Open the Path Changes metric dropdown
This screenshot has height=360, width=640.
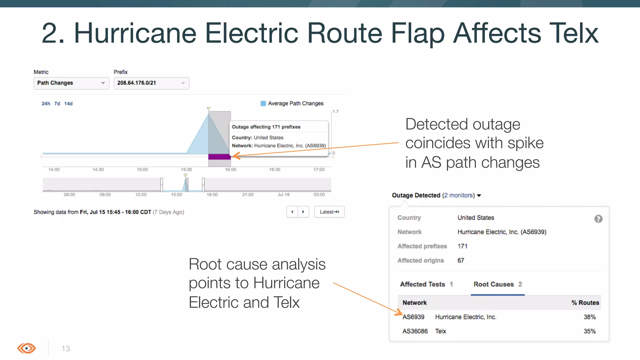(x=71, y=83)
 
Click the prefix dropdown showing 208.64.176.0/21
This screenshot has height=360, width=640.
(x=151, y=83)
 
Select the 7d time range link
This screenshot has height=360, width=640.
(x=57, y=103)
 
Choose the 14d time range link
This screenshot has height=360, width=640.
(x=68, y=103)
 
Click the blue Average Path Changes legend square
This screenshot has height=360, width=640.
(x=263, y=103)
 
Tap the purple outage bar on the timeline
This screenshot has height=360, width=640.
(x=219, y=157)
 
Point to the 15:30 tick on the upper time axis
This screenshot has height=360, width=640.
(x=186, y=169)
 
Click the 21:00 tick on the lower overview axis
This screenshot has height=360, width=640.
(x=247, y=194)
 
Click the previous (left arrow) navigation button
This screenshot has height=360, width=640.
(x=292, y=212)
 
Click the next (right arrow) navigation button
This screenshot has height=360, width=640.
(x=303, y=212)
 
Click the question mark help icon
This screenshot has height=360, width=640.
(x=598, y=219)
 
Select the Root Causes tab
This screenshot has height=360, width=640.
(x=497, y=284)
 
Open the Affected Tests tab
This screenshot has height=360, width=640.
(x=426, y=284)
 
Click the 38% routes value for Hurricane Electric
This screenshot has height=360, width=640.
(x=589, y=317)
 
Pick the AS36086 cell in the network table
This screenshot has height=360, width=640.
(x=415, y=331)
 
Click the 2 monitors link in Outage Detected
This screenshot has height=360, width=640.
(x=458, y=195)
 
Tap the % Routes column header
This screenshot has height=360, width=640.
(x=585, y=302)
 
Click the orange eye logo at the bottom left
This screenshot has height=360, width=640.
(x=27, y=348)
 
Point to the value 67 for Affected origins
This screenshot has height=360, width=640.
(x=461, y=260)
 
